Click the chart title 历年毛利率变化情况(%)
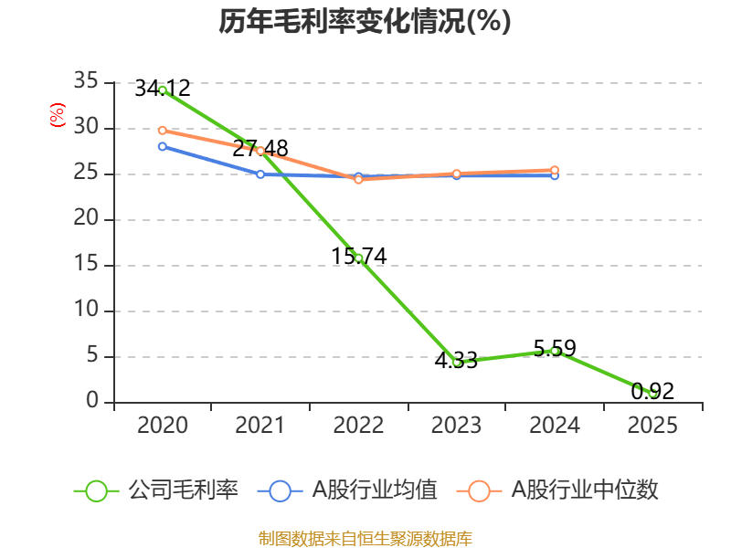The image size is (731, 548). pos(365,22)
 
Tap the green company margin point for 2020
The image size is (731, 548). pos(163,90)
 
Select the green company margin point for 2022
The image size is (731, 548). pos(358,258)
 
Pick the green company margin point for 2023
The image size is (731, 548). pos(457,362)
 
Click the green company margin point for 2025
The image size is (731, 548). pos(652,393)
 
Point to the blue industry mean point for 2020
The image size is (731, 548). pos(163,146)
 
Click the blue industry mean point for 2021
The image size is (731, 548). pos(260,174)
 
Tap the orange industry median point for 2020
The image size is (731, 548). pos(163,130)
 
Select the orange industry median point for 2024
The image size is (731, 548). pos(555,170)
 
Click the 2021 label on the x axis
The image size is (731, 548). pos(260,426)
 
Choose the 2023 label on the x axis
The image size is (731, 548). pos(457,426)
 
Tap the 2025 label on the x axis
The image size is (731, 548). pos(652,426)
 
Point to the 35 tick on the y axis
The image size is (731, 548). pos(86,82)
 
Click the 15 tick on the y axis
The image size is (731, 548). pos(86,265)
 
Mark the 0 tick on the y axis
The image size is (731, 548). pos(92,402)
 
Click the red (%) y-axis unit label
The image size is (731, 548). pos(57,116)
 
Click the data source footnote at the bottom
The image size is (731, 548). pos(365,538)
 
